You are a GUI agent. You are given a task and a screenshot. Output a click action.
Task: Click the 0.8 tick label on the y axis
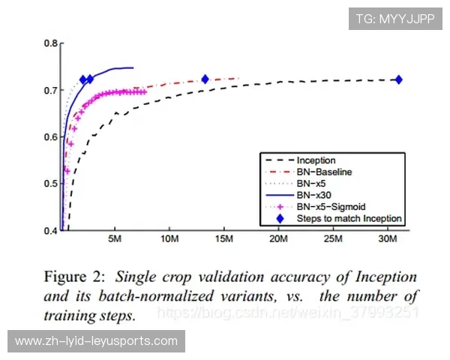click(x=50, y=43)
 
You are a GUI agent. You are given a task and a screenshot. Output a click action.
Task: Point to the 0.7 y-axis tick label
click(x=50, y=91)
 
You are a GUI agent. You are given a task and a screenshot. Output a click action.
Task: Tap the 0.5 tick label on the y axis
click(x=50, y=184)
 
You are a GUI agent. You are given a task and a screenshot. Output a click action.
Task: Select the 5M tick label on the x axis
click(x=114, y=239)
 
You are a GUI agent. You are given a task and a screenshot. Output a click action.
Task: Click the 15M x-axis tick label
click(x=223, y=239)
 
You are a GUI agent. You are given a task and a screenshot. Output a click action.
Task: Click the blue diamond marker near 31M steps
click(x=398, y=79)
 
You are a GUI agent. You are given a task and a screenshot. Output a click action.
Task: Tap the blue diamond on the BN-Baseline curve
click(x=205, y=79)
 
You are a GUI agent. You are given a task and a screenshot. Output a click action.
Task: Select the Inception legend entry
click(x=316, y=160)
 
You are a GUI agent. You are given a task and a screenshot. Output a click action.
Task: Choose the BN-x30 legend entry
click(x=315, y=195)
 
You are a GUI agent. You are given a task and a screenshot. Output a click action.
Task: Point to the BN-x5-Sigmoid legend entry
click(x=328, y=206)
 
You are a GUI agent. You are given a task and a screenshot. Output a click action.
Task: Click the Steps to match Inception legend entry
click(x=349, y=218)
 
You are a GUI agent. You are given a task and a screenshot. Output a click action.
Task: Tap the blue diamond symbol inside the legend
click(x=280, y=218)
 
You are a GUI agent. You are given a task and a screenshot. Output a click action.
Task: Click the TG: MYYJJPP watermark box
click(x=395, y=19)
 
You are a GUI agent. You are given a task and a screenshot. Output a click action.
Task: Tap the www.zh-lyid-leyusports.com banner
click(x=96, y=342)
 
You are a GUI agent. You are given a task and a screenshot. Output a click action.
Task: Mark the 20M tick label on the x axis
click(x=278, y=239)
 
